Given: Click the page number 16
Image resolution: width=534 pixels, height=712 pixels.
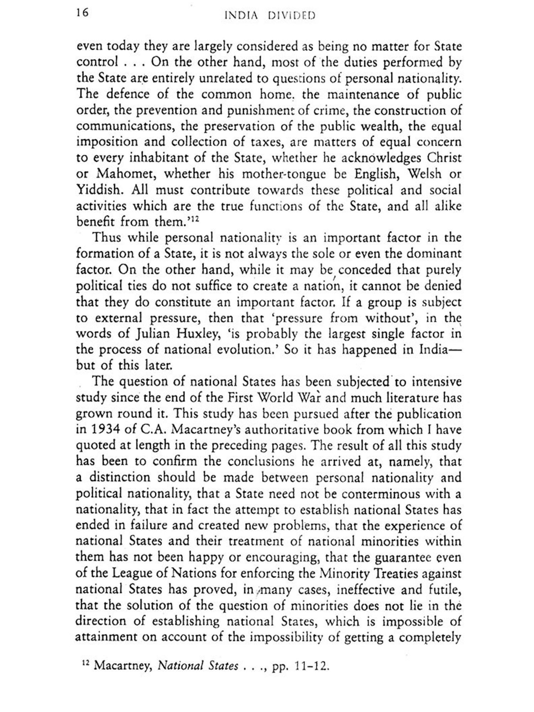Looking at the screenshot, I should click(x=82, y=13).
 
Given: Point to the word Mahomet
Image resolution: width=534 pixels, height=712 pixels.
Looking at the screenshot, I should click(x=121, y=174).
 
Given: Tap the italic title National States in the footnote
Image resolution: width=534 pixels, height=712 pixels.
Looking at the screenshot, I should click(x=198, y=665).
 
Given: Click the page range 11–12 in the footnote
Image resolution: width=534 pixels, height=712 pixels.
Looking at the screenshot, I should click(x=311, y=666).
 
